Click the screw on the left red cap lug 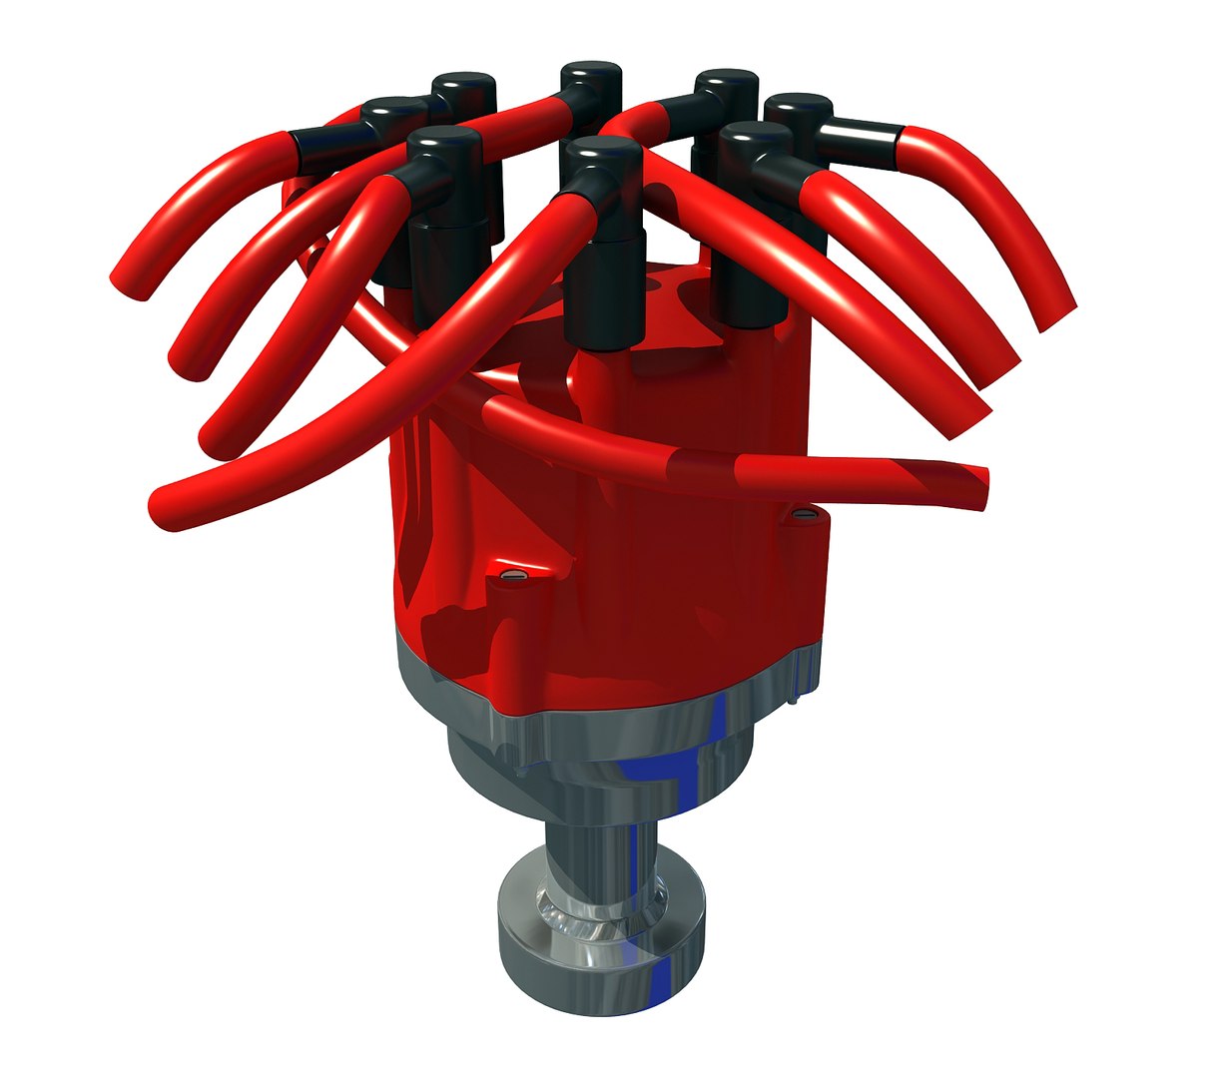click(513, 576)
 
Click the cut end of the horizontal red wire click(982, 489)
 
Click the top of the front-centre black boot click(600, 151)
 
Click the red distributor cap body click(619, 539)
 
